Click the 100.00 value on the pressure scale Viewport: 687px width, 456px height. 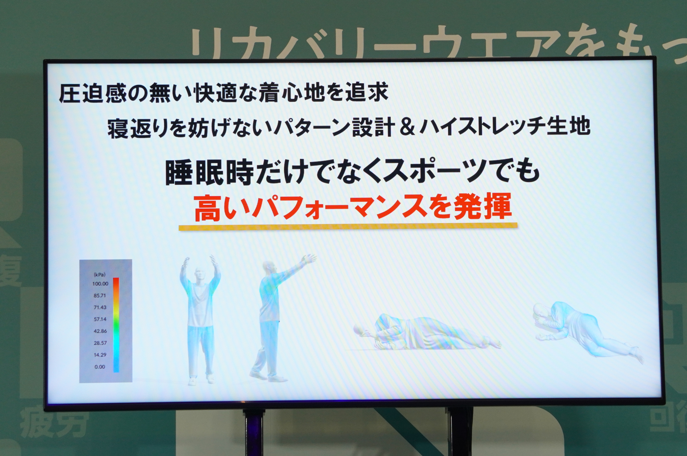coord(100,284)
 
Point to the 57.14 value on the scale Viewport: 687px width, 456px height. coord(100,319)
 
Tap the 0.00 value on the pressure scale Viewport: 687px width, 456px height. coord(100,367)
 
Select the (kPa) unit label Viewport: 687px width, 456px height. coord(99,275)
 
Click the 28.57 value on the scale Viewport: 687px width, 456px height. coord(100,343)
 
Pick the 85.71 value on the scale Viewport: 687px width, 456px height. coord(100,296)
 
